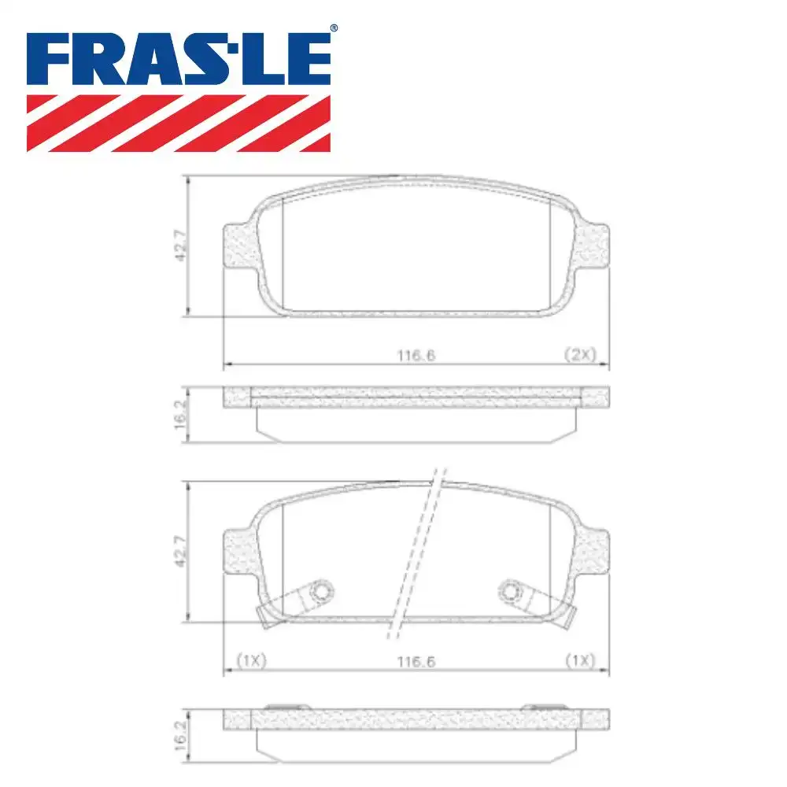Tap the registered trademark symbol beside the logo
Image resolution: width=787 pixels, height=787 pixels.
[x=334, y=29]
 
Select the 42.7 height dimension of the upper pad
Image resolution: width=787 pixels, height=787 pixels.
[x=180, y=246]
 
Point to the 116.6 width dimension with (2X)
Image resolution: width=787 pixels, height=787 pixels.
[x=416, y=355]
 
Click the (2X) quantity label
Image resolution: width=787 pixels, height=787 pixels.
[x=582, y=355]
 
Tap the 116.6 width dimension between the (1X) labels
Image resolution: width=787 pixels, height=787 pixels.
[x=416, y=662]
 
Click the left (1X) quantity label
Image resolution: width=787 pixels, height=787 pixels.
[x=252, y=662]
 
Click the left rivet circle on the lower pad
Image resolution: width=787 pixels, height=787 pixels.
[x=321, y=590]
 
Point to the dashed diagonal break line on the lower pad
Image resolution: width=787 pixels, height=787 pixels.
[x=415, y=551]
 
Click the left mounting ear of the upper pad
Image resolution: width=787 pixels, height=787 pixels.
[x=240, y=246]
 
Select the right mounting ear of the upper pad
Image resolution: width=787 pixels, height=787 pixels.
[x=594, y=246]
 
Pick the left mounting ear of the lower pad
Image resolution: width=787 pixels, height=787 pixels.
[x=240, y=552]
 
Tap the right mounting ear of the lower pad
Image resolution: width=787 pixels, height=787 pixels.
[x=594, y=552]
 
